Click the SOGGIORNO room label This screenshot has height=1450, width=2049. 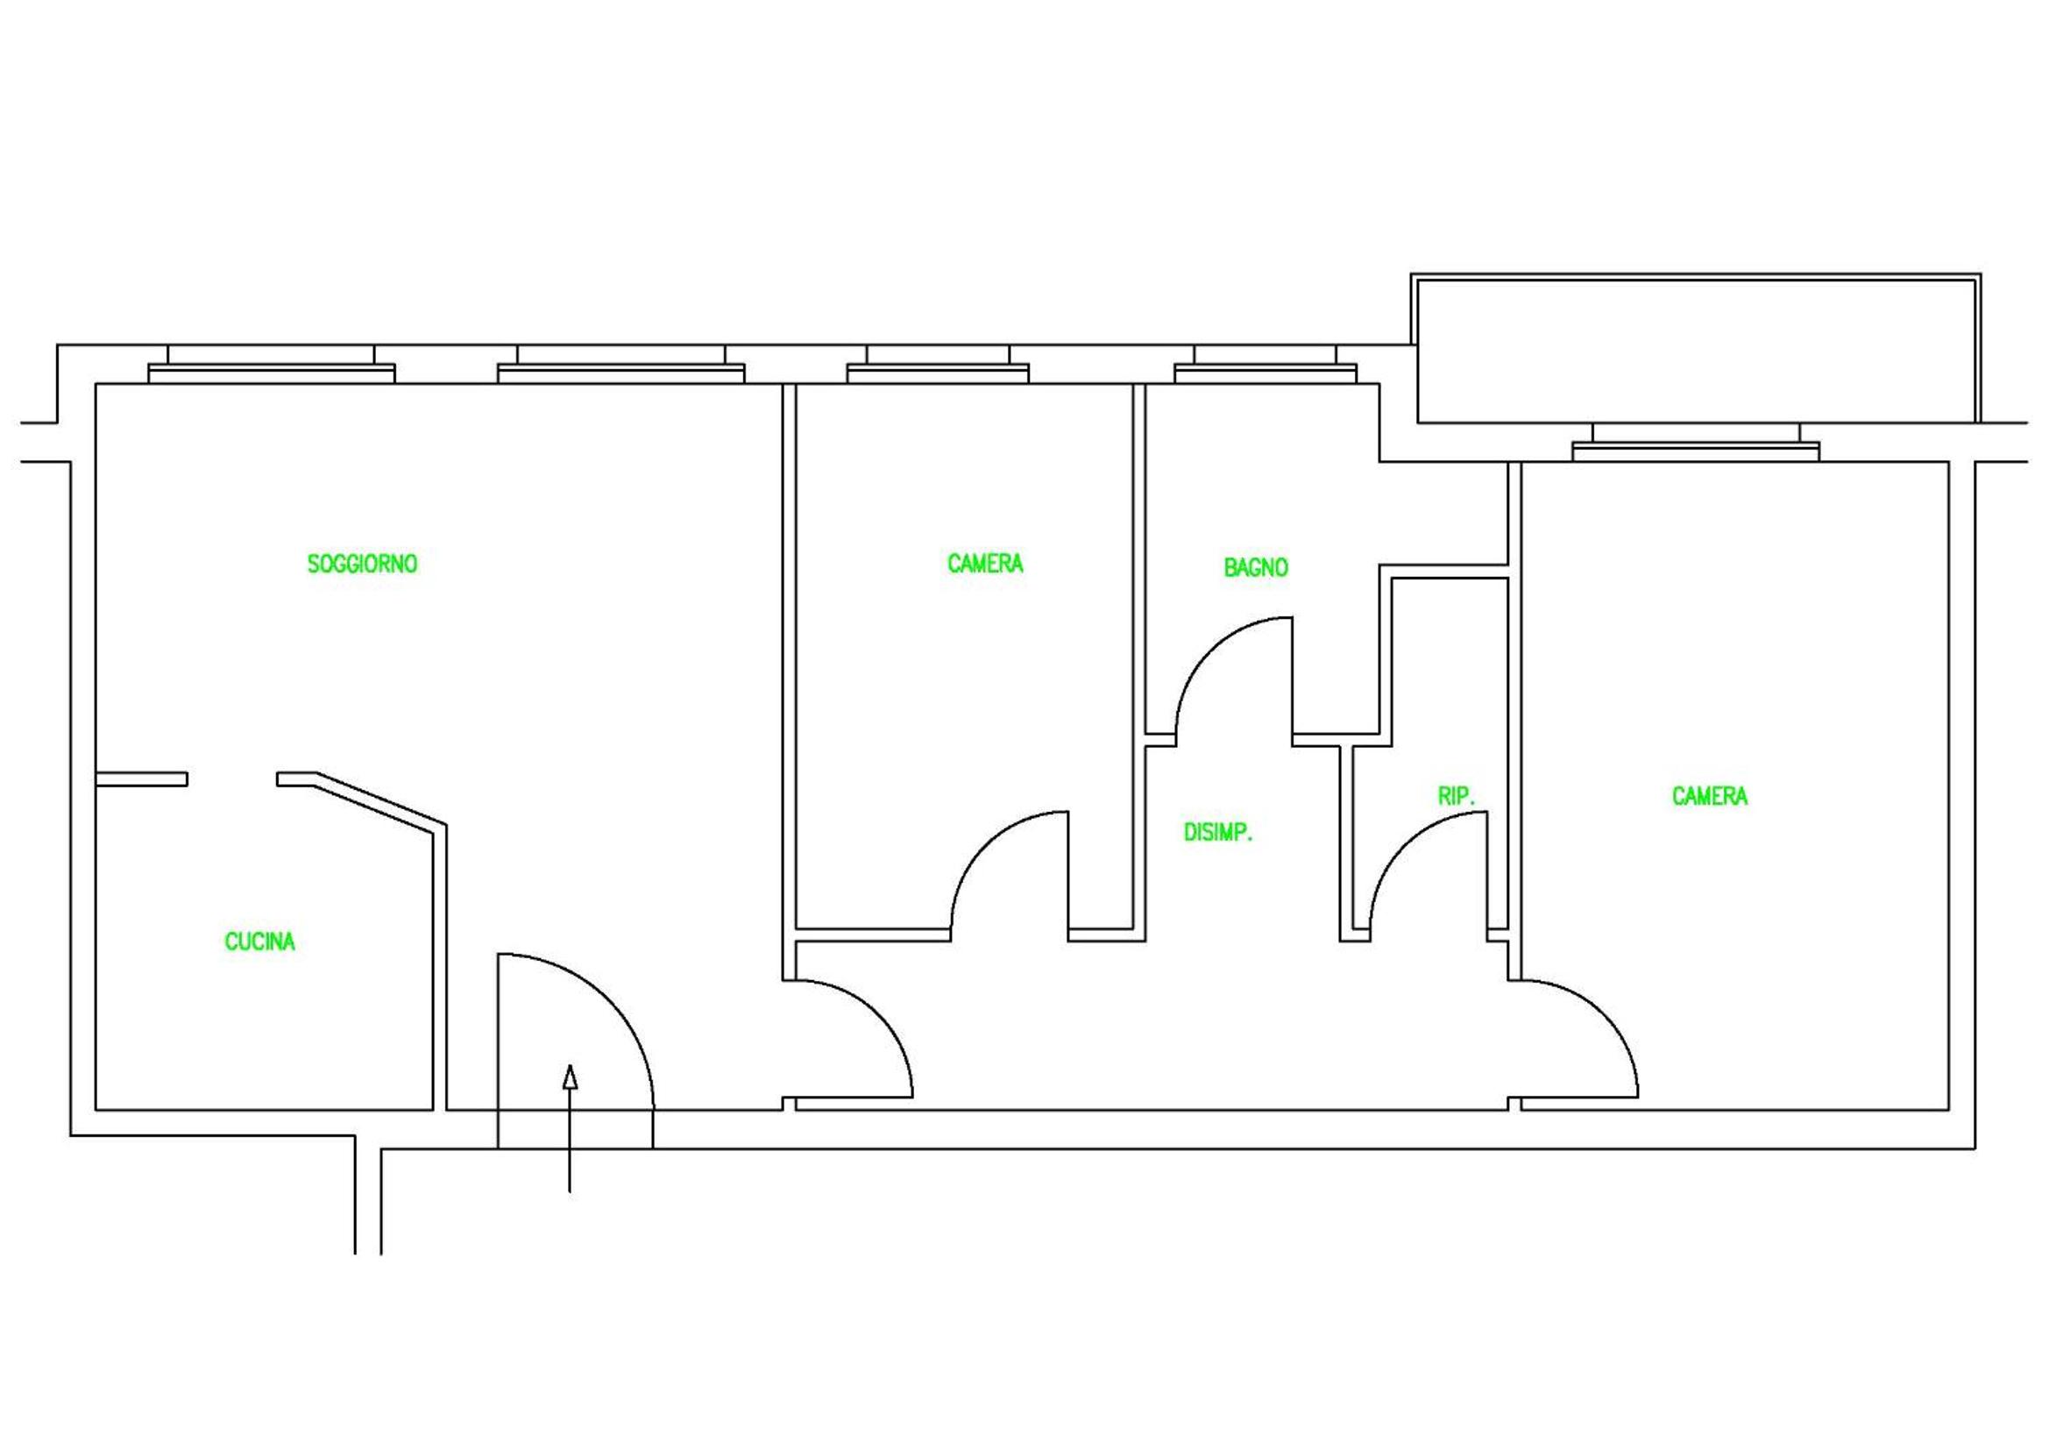(x=362, y=565)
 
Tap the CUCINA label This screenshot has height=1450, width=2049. (x=259, y=942)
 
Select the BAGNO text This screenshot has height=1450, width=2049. (x=1256, y=568)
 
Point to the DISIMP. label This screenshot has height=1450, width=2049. (x=1218, y=833)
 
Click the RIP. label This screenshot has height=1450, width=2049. (x=1457, y=796)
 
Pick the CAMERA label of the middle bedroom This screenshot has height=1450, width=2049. (x=985, y=565)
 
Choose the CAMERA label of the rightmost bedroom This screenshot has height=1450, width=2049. (x=1710, y=796)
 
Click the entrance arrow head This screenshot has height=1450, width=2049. (x=571, y=1077)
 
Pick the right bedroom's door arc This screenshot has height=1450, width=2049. (x=1603, y=1015)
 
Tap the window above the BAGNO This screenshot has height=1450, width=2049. (x=1266, y=366)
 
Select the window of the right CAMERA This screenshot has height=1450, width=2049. (x=1696, y=443)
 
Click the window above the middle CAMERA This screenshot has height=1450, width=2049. (x=938, y=366)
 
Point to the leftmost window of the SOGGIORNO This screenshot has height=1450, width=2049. (x=272, y=366)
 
